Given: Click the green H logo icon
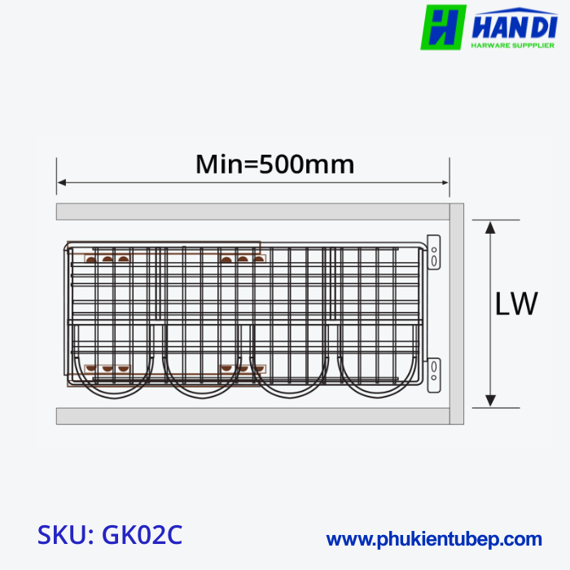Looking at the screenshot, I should pyautogui.click(x=443, y=27).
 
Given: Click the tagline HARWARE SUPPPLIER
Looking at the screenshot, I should pyautogui.click(x=513, y=46).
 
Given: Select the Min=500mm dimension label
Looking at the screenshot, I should pyautogui.click(x=275, y=164).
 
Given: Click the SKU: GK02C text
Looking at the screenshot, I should pyautogui.click(x=110, y=535).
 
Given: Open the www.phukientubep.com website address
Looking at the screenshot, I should pyautogui.click(x=434, y=539).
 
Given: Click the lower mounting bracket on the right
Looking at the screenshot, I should pyautogui.click(x=435, y=373).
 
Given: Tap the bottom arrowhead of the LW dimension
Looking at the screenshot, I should pyautogui.click(x=490, y=400).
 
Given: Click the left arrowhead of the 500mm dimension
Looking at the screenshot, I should pyautogui.click(x=62, y=182).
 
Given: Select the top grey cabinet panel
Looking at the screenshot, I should pyautogui.click(x=252, y=212).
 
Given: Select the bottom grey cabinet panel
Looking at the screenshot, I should pyautogui.click(x=252, y=416).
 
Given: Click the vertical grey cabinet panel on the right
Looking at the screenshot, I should pyautogui.click(x=457, y=313).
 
